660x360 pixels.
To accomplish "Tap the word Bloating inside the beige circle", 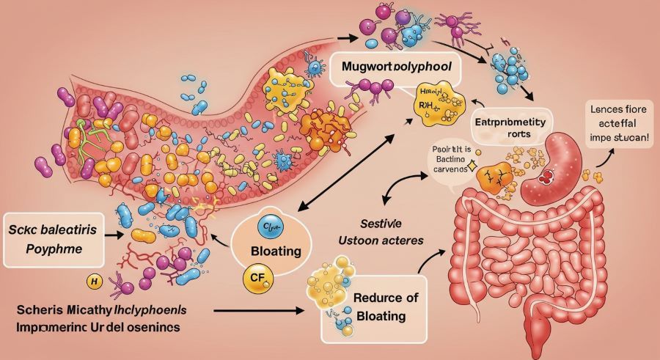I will [x=276, y=251].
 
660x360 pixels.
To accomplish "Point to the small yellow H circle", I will [x=93, y=281].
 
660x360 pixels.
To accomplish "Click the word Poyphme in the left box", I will [x=44, y=249].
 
